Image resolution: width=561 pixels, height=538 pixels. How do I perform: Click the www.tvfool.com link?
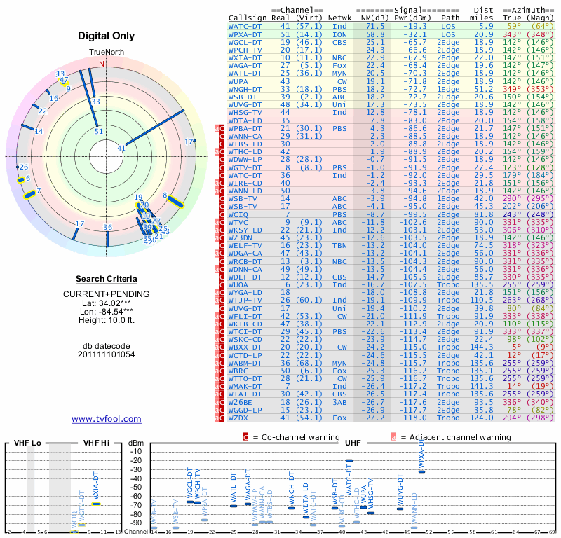click(106, 419)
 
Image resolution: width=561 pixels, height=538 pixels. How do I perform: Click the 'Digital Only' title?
click(106, 36)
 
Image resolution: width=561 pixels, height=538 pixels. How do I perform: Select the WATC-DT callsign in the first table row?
click(246, 25)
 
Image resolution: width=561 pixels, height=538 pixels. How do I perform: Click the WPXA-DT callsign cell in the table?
click(246, 34)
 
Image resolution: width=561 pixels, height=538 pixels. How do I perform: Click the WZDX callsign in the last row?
click(241, 417)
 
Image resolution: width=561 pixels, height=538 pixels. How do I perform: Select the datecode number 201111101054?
click(106, 354)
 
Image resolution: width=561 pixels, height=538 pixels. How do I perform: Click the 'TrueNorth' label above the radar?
click(106, 53)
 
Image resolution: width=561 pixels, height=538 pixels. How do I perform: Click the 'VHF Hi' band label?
click(98, 443)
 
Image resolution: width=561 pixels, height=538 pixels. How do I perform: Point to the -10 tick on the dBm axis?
click(136, 451)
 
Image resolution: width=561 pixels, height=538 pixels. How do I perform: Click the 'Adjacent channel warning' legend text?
click(456, 437)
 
